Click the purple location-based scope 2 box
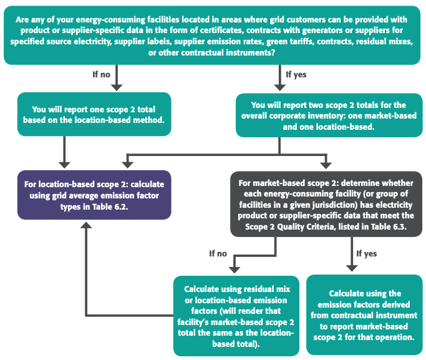click(x=94, y=195)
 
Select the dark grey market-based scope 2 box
click(x=326, y=204)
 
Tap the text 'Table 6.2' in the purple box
click(x=110, y=207)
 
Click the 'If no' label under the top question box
click(x=101, y=74)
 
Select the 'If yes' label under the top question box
click(x=296, y=74)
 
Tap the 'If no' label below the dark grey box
click(x=218, y=253)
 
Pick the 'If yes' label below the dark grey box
click(x=367, y=253)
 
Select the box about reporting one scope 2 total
click(x=94, y=114)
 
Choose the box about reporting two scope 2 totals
click(x=329, y=115)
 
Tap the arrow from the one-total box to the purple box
click(x=64, y=152)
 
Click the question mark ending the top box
click(x=273, y=52)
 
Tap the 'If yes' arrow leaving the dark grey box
click(x=352, y=254)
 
